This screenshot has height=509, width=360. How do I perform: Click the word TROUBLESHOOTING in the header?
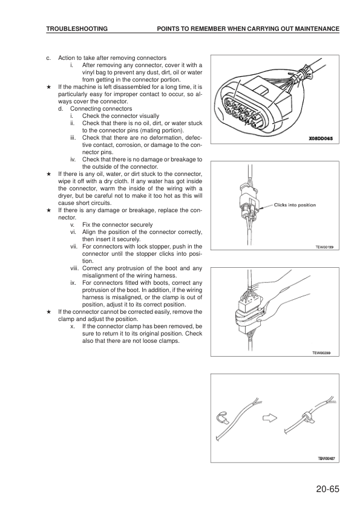tap(77, 28)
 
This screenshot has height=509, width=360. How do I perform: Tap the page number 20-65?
tap(327, 489)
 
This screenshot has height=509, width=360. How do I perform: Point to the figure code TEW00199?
tap(324, 247)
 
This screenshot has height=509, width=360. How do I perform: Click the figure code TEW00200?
tap(321, 353)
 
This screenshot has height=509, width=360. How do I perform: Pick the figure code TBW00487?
tap(326, 459)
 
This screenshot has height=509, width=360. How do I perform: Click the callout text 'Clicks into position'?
tap(295, 205)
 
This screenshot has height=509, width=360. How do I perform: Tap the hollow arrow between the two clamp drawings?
tap(270, 418)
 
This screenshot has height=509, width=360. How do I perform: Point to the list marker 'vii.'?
tap(73, 247)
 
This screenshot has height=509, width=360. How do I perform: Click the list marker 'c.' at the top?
tap(48, 58)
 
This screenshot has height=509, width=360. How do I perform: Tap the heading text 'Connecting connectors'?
tap(101, 109)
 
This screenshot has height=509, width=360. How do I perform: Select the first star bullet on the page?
tap(48, 87)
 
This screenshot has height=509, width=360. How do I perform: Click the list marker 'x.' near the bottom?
tap(73, 326)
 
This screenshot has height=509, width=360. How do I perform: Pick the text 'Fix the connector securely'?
tap(117, 225)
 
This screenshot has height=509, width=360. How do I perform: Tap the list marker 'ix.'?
tap(73, 283)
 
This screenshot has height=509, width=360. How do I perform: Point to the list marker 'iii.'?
tap(73, 138)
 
